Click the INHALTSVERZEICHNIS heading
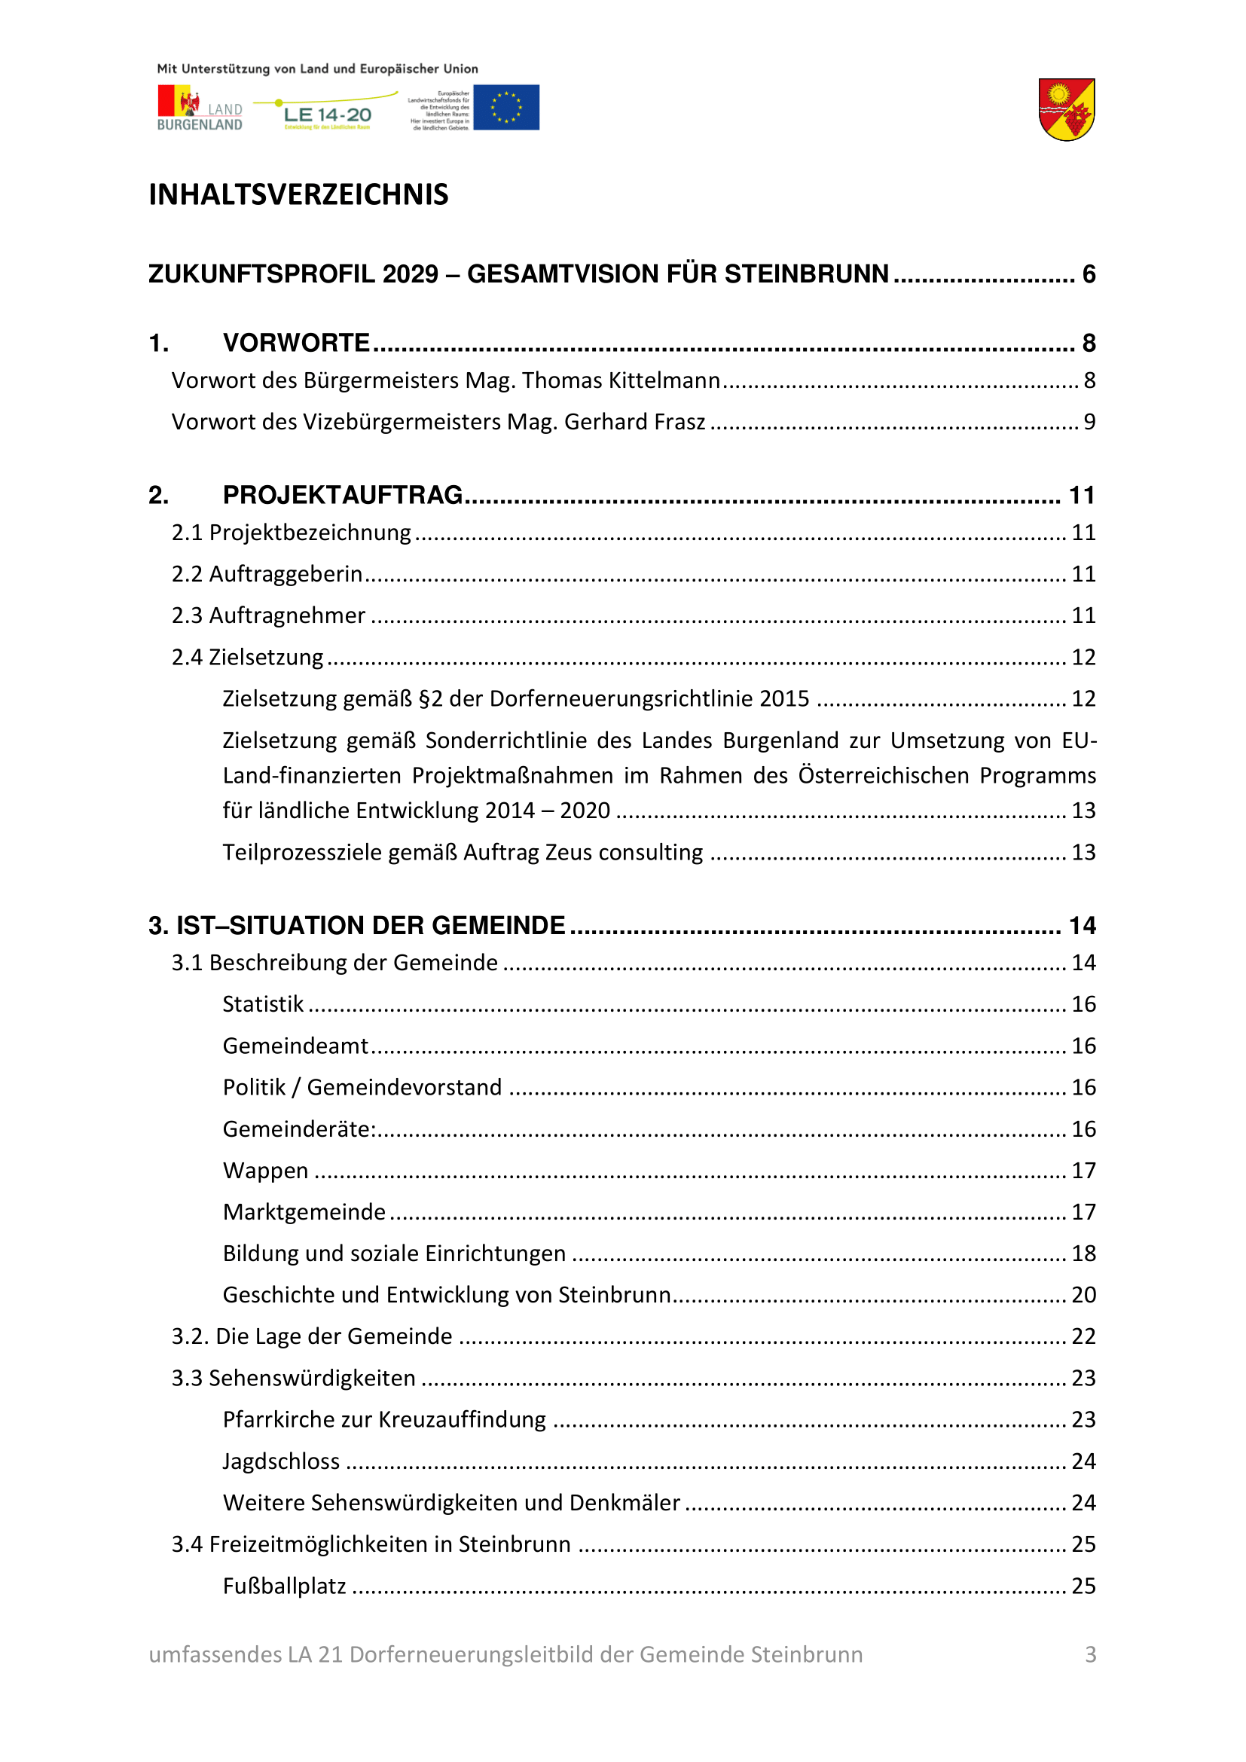click(298, 195)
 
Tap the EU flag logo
click(505, 108)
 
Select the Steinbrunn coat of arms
click(1067, 110)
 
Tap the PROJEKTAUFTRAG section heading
click(342, 495)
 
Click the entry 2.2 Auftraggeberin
click(267, 574)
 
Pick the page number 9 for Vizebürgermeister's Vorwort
click(1089, 422)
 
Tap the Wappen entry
click(265, 1171)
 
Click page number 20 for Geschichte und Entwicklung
click(1083, 1295)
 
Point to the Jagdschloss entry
click(281, 1461)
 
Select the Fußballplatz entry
click(285, 1586)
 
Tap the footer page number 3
click(1090, 1654)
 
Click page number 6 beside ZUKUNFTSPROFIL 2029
click(1089, 274)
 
